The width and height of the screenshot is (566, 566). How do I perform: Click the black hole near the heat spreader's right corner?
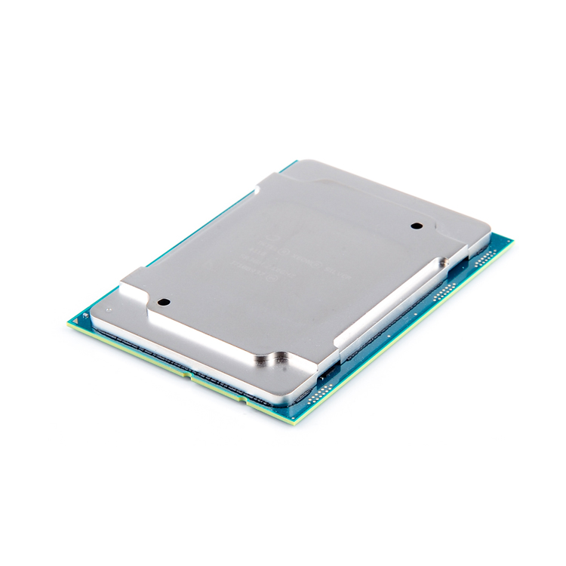(x=414, y=226)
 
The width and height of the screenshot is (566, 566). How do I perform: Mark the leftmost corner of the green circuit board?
(x=69, y=323)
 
